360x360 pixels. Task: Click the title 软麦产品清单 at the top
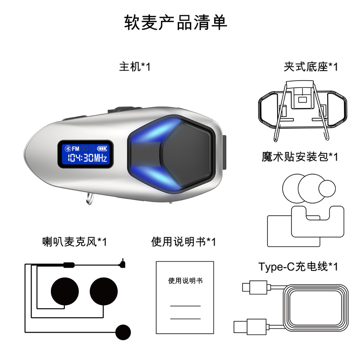click(175, 23)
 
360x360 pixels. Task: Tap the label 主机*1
click(135, 67)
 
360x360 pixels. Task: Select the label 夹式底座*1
click(310, 67)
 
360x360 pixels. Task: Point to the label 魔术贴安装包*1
click(299, 157)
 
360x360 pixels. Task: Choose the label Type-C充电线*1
click(298, 266)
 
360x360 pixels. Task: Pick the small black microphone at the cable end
click(122, 332)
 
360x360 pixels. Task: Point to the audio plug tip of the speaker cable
click(123, 261)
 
